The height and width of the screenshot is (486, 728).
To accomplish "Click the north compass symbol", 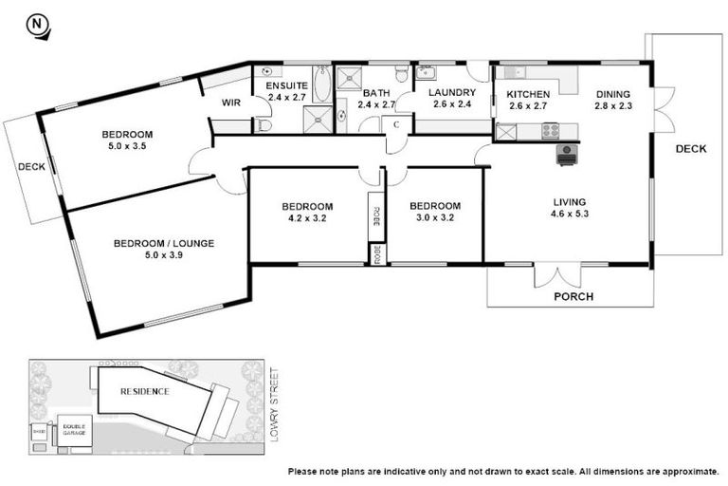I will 38,26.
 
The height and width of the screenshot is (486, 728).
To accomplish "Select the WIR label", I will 232,103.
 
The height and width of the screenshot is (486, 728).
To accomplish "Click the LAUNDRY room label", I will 451,92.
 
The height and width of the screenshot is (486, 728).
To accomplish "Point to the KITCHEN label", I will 528,94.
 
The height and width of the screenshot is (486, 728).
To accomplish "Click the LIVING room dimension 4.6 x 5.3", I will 570,215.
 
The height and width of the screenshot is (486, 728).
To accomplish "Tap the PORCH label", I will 573,296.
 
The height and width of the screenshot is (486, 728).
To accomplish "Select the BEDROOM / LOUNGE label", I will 163,243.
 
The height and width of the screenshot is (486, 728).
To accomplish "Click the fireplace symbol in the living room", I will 567,154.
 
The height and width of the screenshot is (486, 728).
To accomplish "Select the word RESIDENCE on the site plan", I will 145,391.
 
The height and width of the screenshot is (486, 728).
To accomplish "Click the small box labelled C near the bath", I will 396,124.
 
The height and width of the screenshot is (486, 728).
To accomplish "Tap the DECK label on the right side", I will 690,148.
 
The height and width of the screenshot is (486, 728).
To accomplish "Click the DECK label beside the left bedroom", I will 31,167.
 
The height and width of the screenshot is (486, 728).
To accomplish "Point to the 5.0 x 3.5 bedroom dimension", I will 127,147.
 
